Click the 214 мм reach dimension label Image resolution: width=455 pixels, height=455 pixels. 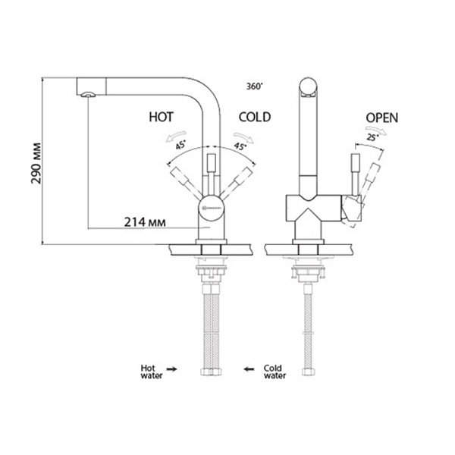point(144,222)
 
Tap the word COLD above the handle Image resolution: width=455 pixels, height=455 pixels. point(256,118)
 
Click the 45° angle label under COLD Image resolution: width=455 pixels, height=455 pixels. point(241,146)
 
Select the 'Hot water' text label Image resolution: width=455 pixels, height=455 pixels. point(149,370)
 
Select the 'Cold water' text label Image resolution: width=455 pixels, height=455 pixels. point(274,370)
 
